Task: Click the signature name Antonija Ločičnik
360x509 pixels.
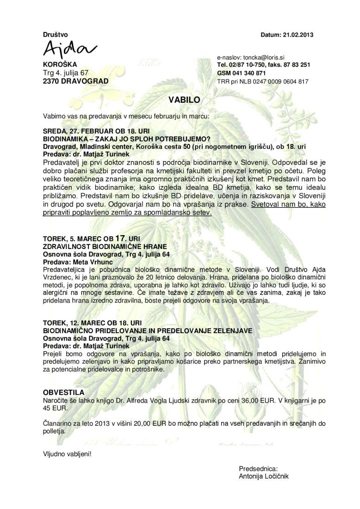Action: point(264,476)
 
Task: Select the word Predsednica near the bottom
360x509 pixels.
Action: point(258,468)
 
